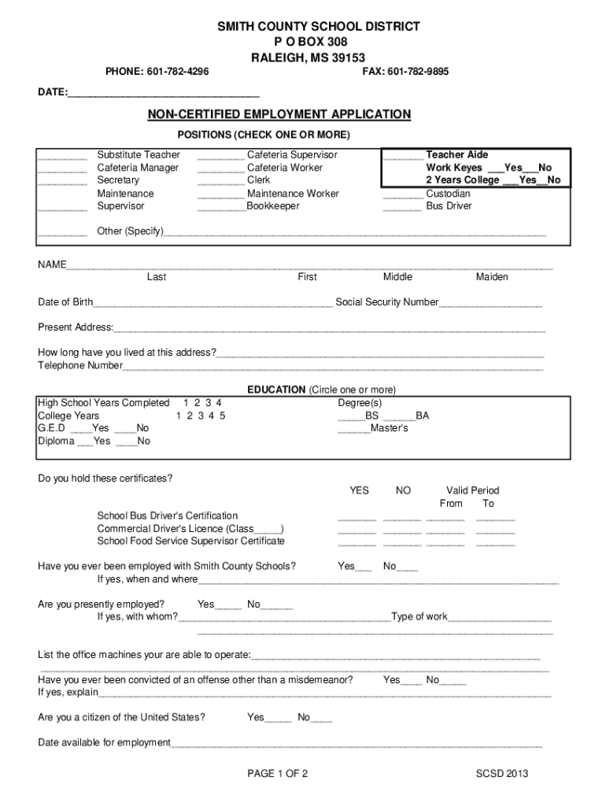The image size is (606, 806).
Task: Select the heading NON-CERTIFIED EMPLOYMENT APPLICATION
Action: tap(279, 115)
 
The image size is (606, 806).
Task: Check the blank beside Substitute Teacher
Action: tap(62, 156)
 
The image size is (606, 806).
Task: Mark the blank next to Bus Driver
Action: tap(402, 207)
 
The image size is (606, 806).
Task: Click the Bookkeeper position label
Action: tap(273, 206)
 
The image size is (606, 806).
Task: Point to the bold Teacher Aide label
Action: tap(456, 155)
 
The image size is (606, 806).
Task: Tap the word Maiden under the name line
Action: tap(492, 277)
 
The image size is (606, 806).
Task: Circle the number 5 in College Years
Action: tap(223, 416)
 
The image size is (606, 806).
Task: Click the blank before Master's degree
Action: tap(353, 430)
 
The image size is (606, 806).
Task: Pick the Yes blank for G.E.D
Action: tap(81, 430)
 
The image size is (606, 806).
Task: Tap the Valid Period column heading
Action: tap(472, 490)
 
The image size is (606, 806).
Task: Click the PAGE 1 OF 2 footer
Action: tap(277, 774)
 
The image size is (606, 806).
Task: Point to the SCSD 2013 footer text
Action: tap(502, 774)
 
